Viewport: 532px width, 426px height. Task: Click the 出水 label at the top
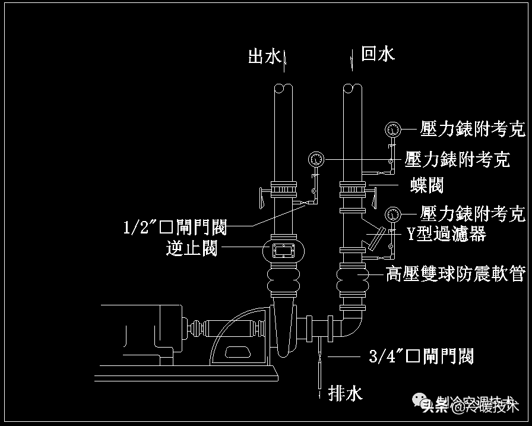(x=264, y=56)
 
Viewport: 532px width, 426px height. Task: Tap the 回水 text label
(x=378, y=55)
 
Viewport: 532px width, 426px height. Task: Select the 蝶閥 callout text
(x=427, y=185)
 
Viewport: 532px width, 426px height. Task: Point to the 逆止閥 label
(x=191, y=248)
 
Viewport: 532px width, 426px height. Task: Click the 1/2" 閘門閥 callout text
(x=175, y=228)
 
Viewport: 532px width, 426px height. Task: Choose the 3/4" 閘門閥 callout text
(x=421, y=356)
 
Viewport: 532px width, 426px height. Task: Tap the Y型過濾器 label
(x=446, y=233)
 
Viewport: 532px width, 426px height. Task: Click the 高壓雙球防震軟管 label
(x=455, y=274)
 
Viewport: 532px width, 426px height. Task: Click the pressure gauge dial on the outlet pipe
(x=316, y=159)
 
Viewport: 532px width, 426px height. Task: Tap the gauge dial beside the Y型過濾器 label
(x=392, y=214)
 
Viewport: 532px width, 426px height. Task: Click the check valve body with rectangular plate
(x=283, y=250)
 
